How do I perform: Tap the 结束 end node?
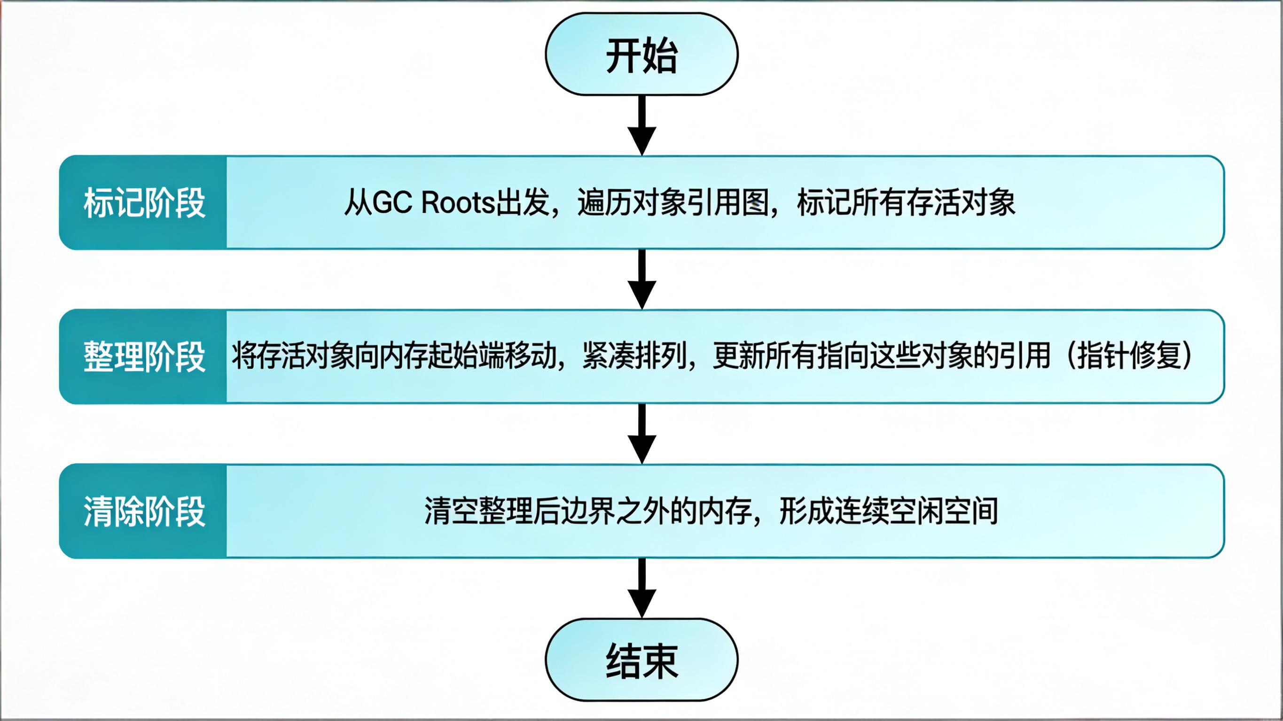click(641, 660)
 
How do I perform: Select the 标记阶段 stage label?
click(144, 202)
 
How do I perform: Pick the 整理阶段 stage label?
click(144, 357)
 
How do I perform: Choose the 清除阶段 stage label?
click(144, 511)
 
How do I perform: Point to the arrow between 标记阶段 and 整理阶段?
click(641, 279)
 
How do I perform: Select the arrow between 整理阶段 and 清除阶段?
click(641, 434)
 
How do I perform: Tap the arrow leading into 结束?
click(641, 588)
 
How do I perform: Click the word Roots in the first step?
click(458, 202)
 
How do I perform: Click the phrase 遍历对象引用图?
click(673, 202)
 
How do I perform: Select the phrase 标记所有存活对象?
click(906, 202)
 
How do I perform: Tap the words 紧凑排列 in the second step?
click(634, 356)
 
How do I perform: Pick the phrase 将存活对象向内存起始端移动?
click(394, 356)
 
